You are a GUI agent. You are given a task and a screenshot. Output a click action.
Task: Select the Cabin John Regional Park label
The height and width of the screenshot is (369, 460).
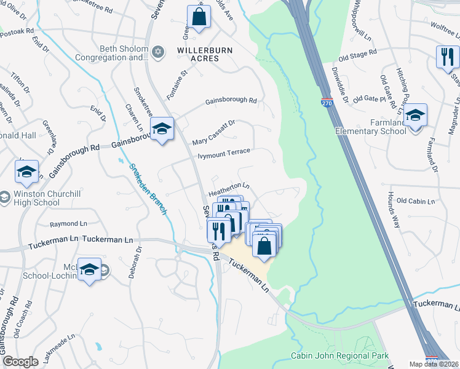point(340,356)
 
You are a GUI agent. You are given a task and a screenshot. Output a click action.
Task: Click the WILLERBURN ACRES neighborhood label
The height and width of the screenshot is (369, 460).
point(198,54)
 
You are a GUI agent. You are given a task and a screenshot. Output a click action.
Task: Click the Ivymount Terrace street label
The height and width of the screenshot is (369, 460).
point(223,153)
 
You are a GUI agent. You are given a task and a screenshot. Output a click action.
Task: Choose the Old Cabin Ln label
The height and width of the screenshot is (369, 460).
point(416,200)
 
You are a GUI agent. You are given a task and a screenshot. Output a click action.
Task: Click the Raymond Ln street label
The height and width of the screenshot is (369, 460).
point(69,224)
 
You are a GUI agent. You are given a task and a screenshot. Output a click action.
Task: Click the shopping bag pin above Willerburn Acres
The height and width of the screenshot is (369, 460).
point(199,17)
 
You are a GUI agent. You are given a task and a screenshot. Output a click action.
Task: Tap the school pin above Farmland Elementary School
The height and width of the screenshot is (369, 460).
point(416,115)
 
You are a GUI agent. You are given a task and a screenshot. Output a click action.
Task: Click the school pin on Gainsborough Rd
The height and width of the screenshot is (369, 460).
point(162,128)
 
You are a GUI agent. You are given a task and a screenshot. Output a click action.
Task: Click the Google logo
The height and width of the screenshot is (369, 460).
point(21,362)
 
